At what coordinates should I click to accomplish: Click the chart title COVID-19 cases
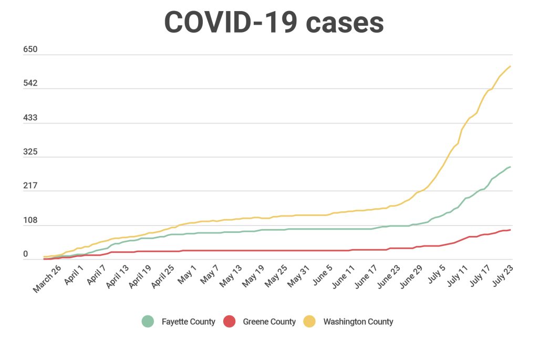[274, 22]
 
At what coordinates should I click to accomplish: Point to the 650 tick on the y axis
[30, 49]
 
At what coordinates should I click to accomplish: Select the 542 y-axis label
[30, 84]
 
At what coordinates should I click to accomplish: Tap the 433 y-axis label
[30, 118]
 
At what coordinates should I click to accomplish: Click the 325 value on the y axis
[30, 152]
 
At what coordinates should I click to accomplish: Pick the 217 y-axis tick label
[30, 186]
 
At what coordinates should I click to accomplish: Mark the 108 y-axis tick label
[30, 220]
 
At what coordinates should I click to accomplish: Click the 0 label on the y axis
[25, 254]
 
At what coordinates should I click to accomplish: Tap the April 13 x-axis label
[118, 277]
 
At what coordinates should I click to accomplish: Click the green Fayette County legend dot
[148, 321]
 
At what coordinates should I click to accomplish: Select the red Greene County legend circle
[229, 321]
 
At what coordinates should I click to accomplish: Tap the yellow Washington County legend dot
[309, 321]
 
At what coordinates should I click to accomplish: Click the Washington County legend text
[358, 322]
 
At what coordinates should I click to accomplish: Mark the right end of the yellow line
[510, 66]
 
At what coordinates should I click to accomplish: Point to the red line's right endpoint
[510, 230]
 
